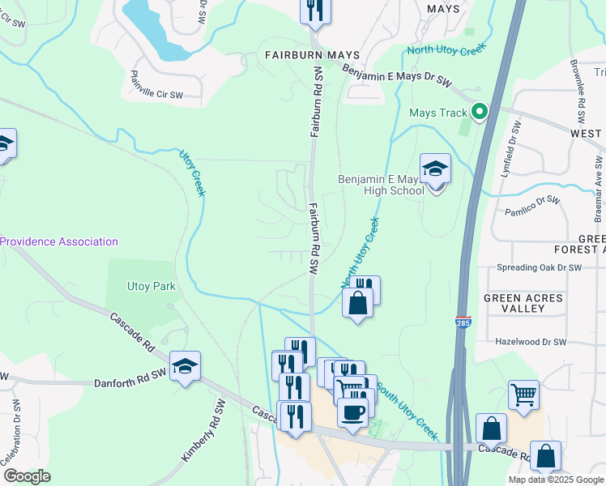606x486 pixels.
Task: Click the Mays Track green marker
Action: pos(479,113)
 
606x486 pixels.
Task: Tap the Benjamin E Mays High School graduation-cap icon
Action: pos(435,170)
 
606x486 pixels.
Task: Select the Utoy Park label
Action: pos(151,286)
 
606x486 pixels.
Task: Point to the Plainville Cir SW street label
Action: pos(156,95)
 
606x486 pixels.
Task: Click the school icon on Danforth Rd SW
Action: pos(185,367)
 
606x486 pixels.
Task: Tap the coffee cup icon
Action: pos(352,412)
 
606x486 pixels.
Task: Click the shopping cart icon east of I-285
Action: pos(523,395)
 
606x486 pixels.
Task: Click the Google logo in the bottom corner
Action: pos(27,475)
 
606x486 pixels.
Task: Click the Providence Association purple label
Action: pos(59,241)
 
